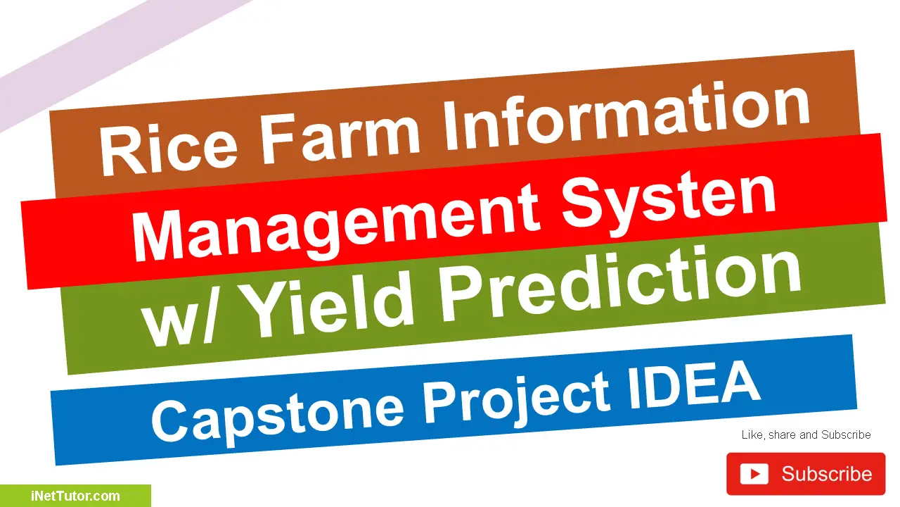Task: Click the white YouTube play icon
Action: click(x=754, y=474)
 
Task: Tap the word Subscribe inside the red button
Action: click(x=826, y=474)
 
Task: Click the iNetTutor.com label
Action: click(x=75, y=496)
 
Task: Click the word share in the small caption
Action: click(x=782, y=435)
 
